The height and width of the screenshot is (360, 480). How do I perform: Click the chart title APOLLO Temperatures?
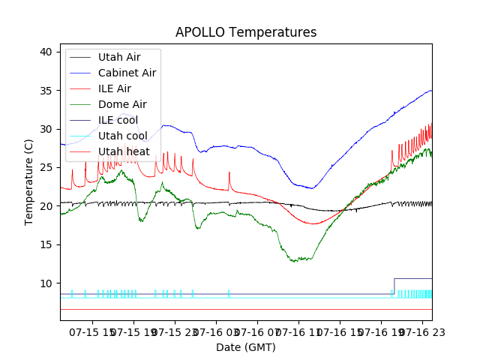pyautogui.click(x=246, y=32)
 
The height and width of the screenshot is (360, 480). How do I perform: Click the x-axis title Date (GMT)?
pyautogui.click(x=246, y=347)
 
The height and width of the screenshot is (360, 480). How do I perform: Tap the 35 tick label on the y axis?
pyautogui.click(x=46, y=91)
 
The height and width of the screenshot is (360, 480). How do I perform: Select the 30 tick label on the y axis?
pyautogui.click(x=46, y=129)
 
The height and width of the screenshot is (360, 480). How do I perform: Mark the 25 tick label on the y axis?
pyautogui.click(x=46, y=168)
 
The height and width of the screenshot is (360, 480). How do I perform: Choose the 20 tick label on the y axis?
pyautogui.click(x=46, y=206)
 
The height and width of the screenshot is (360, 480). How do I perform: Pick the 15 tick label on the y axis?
pyautogui.click(x=46, y=245)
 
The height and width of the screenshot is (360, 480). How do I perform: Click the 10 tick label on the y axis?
pyautogui.click(x=46, y=283)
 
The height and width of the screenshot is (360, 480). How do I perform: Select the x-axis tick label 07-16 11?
pyautogui.click(x=296, y=331)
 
